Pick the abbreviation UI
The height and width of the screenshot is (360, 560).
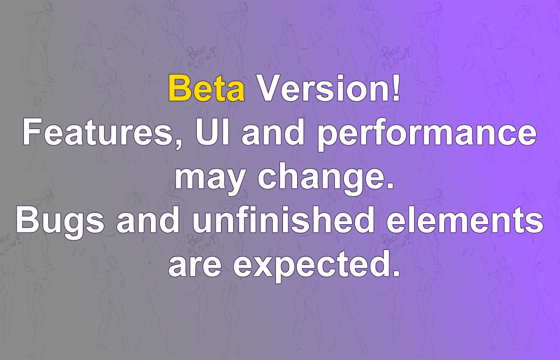point(212,132)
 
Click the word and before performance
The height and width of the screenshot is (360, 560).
point(273,132)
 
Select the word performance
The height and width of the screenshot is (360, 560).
point(427,135)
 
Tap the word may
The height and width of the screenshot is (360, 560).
point(210,179)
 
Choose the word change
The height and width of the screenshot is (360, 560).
point(320,179)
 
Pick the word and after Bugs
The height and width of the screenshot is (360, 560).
point(148,220)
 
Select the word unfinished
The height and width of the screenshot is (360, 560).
point(283,220)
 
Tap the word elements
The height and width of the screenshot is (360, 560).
point(465,220)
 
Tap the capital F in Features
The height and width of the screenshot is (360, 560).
point(32,132)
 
